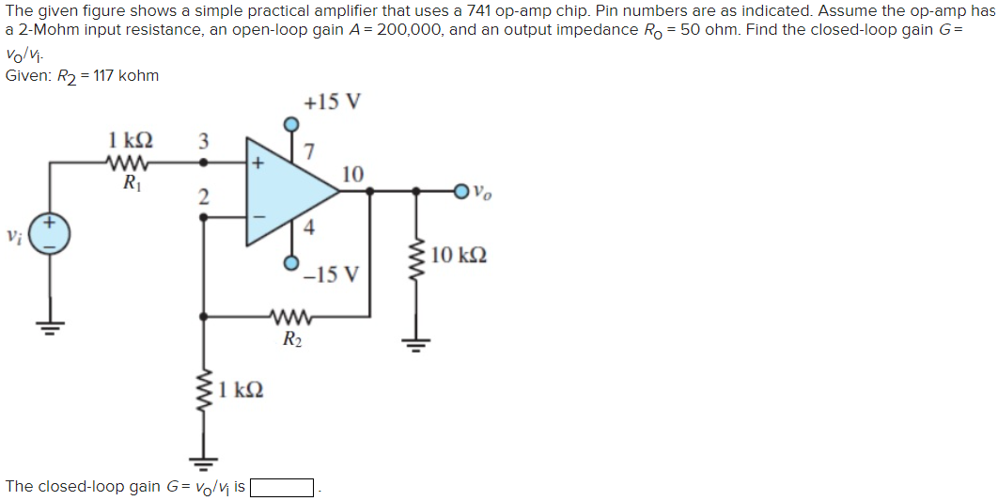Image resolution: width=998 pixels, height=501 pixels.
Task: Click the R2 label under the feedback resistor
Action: (292, 340)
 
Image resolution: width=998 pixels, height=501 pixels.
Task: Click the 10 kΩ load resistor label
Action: (460, 256)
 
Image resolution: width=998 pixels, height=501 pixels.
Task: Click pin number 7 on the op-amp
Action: (311, 150)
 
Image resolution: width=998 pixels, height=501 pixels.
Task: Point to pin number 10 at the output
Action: (352, 173)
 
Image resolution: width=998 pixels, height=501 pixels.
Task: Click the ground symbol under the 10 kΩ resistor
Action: (414, 342)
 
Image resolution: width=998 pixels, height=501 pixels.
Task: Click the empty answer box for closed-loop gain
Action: (281, 487)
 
